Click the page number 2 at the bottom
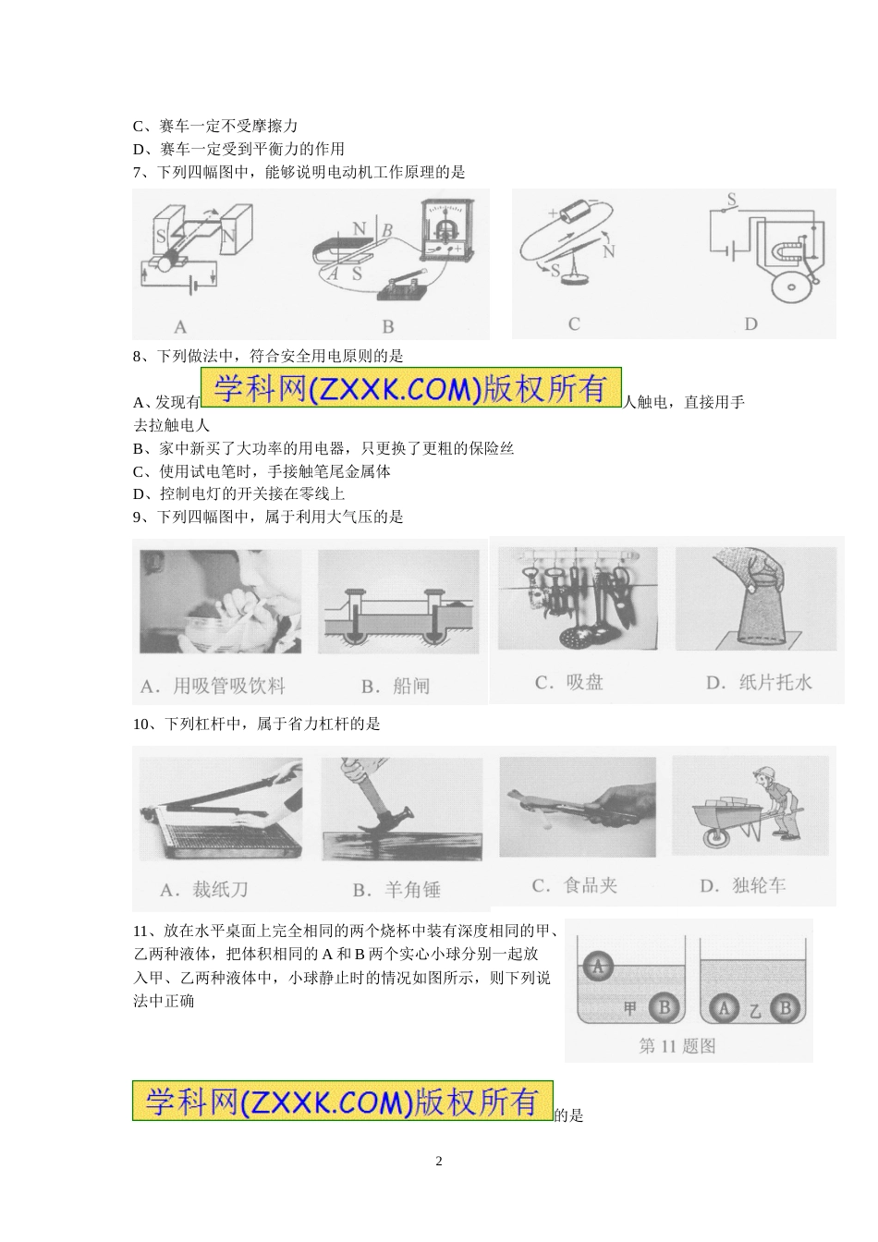[439, 1161]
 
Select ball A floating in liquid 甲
[597, 967]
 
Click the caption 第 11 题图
[677, 1046]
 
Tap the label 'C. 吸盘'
[568, 682]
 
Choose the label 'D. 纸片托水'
[759, 682]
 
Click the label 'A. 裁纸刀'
[203, 889]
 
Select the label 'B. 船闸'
[396, 686]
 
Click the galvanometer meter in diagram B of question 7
[448, 230]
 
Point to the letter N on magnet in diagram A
[228, 237]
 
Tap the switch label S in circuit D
[732, 200]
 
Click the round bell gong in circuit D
[792, 286]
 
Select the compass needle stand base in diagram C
[572, 279]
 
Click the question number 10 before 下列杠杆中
[140, 724]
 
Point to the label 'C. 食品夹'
[574, 885]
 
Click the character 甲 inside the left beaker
[630, 1007]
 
